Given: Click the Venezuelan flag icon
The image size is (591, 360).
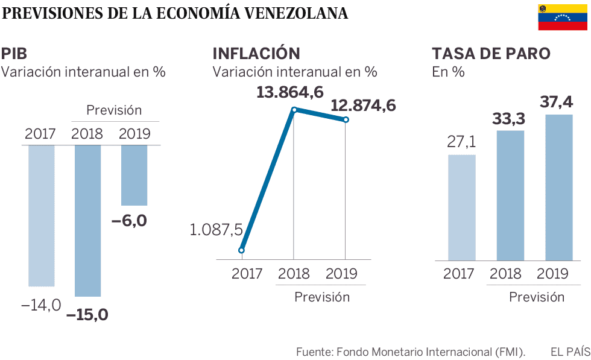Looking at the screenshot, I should click(x=564, y=17).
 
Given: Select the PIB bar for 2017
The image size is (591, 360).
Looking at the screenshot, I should click(x=41, y=215).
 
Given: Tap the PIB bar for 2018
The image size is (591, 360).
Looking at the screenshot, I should click(x=88, y=220).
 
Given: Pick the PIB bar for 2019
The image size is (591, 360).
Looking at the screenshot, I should click(x=134, y=175).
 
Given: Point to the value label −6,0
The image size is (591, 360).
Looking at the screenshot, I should click(x=129, y=221).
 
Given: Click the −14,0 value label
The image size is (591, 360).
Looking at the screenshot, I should click(x=41, y=305).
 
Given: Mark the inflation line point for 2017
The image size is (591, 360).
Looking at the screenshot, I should click(x=241, y=250).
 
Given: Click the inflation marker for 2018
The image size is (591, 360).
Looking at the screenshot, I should click(x=294, y=110).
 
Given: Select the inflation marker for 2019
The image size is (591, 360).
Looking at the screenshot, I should click(x=346, y=119).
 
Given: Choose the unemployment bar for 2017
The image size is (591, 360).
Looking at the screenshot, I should click(x=462, y=207).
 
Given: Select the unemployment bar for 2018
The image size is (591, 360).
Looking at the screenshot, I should click(x=511, y=195).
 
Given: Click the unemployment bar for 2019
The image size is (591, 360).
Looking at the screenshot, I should click(x=555, y=187).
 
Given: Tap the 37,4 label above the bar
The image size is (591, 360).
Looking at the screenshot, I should click(x=557, y=102).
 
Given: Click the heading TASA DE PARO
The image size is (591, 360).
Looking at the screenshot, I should click(x=491, y=53).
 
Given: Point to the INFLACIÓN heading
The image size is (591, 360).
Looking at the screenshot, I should click(x=256, y=53).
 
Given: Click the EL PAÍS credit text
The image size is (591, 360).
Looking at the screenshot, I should click(x=569, y=350).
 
